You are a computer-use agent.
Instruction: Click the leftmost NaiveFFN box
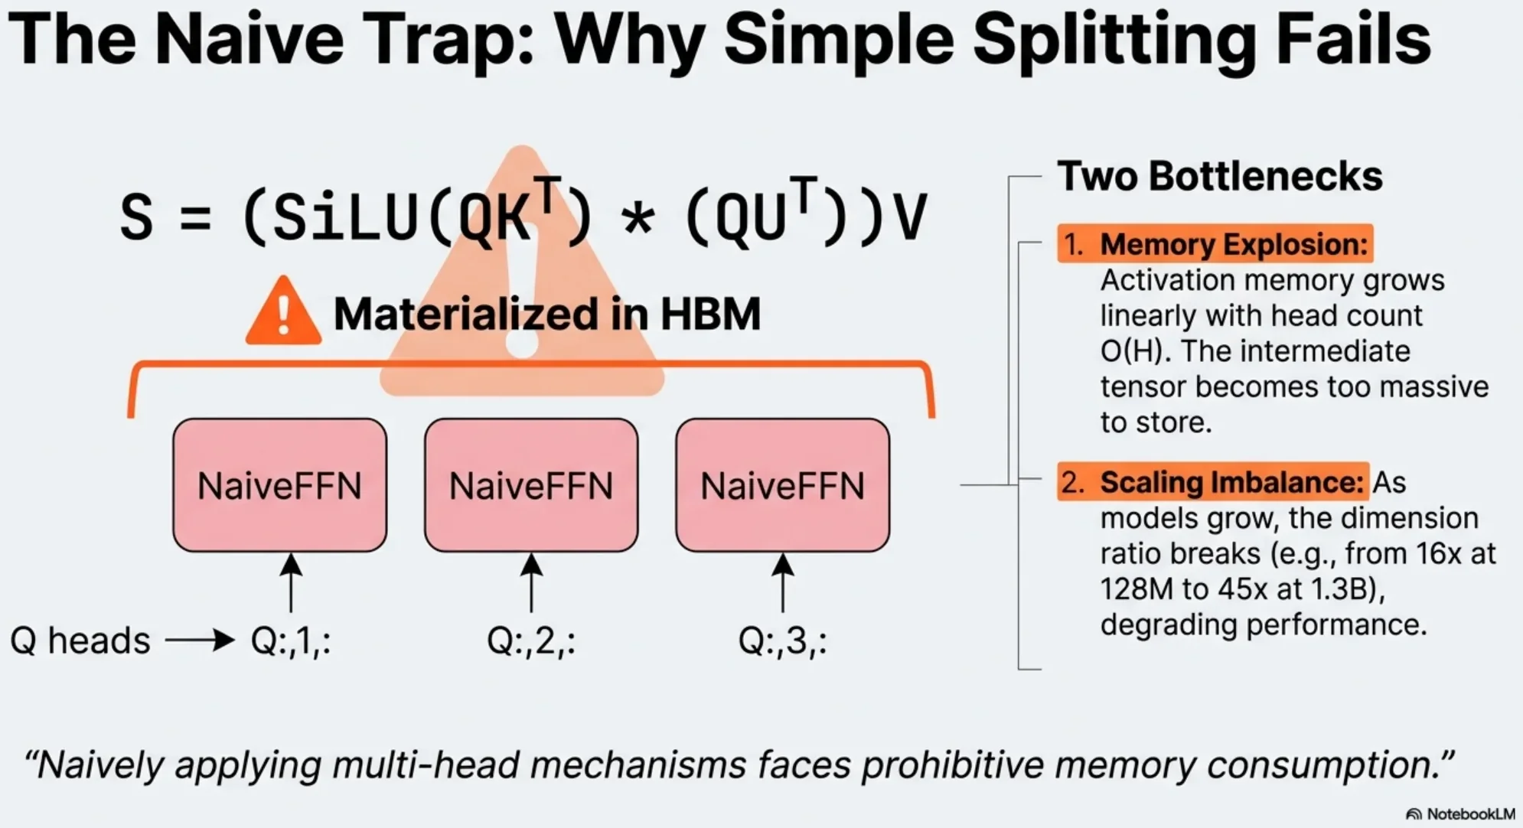click(279, 485)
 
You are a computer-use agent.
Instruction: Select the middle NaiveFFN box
click(531, 485)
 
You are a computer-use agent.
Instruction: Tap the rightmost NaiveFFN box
click(782, 485)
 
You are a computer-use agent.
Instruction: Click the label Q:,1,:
click(291, 641)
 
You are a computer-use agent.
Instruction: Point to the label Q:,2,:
click(531, 641)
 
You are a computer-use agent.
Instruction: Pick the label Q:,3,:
click(782, 641)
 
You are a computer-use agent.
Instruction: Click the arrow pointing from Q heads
click(200, 640)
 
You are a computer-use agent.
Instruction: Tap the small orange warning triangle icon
click(283, 312)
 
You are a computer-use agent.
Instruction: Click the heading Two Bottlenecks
click(1220, 176)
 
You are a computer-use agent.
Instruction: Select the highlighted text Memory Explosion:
click(1233, 244)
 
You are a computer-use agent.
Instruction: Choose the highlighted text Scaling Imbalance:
click(1231, 482)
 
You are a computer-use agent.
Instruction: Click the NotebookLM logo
click(1461, 813)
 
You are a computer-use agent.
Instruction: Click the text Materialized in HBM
click(547, 314)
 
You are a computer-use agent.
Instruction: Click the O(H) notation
click(1131, 351)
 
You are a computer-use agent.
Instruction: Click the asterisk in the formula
click(638, 219)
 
